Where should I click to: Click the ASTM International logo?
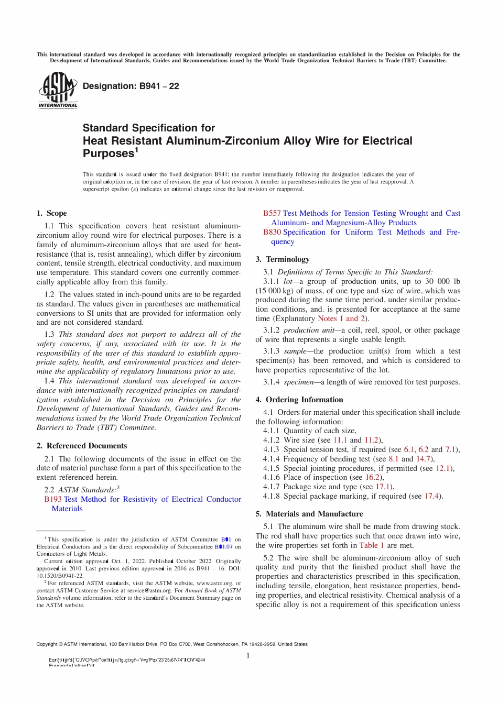(x=58, y=90)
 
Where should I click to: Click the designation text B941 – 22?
(x=131, y=86)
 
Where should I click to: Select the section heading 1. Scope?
(x=51, y=213)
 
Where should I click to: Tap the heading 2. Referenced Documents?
(x=81, y=446)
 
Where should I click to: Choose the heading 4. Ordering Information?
(x=299, y=400)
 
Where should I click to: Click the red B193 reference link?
(x=53, y=499)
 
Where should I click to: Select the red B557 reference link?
(x=272, y=213)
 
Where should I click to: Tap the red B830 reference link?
(x=272, y=232)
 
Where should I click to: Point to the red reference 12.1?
(x=443, y=468)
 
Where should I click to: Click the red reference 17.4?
(x=432, y=496)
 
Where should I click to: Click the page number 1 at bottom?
(x=248, y=656)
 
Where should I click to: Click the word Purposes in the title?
(x=109, y=153)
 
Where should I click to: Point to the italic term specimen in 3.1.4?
(x=298, y=382)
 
